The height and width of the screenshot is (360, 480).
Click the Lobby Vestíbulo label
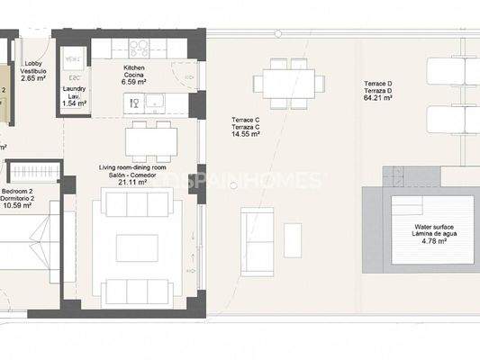tap(34, 68)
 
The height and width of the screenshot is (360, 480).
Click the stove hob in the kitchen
tap(142, 48)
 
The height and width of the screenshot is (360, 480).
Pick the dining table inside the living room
tap(151, 141)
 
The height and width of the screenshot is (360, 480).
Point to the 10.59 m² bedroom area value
tap(18, 204)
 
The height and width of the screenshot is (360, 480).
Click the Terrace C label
tap(245, 120)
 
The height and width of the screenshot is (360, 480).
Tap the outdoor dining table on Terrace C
tap(288, 85)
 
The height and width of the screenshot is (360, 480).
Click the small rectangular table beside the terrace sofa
tap(294, 239)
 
